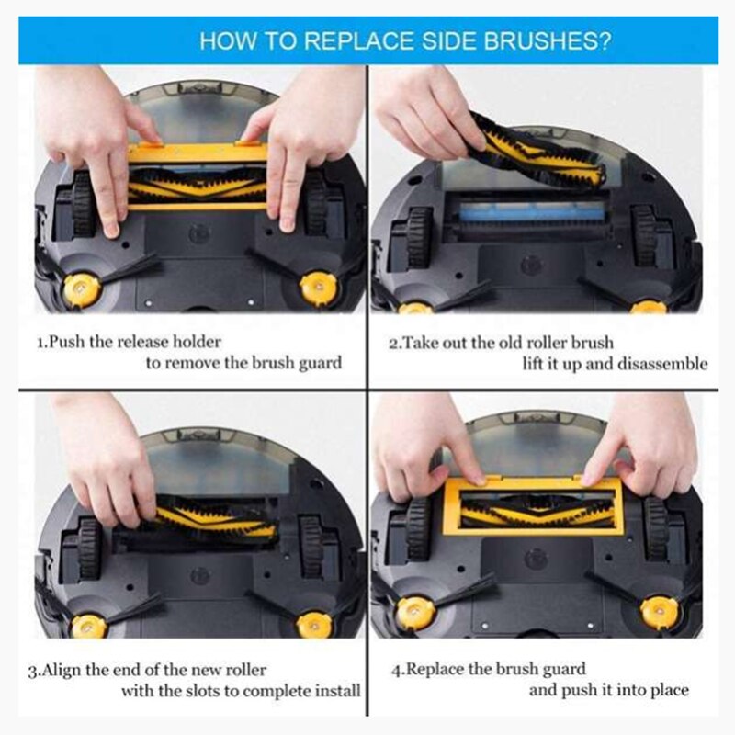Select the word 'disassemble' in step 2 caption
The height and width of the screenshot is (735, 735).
coord(662,363)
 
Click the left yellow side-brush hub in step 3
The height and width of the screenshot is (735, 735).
coord(89,625)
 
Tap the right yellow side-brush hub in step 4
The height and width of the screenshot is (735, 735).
coord(659,610)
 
